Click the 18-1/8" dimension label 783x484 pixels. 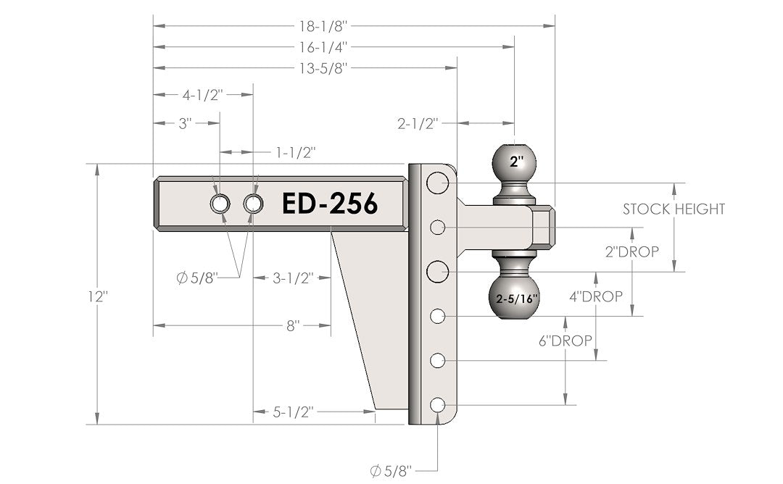(x=324, y=25)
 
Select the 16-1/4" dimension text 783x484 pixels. (x=324, y=47)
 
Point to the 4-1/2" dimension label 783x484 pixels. (x=202, y=95)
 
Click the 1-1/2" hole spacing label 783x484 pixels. (x=295, y=152)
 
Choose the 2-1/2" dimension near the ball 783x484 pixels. (x=418, y=122)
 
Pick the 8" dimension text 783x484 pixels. (x=293, y=326)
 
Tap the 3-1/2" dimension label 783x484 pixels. (x=293, y=278)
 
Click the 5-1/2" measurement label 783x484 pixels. (x=293, y=412)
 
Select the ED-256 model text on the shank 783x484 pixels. (x=330, y=204)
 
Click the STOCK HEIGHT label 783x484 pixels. (x=674, y=209)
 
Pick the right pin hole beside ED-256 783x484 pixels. (x=253, y=204)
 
